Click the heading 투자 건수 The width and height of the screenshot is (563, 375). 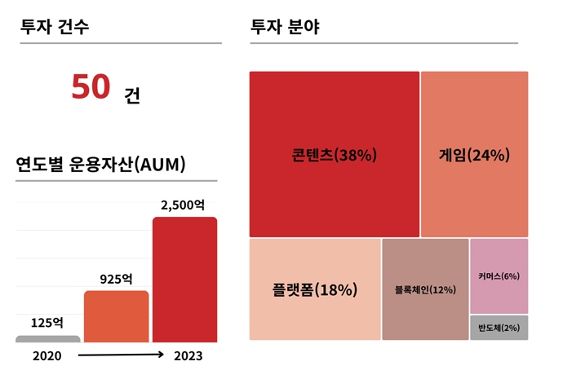pyautogui.click(x=55, y=26)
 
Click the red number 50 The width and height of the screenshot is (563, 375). pyautogui.click(x=91, y=88)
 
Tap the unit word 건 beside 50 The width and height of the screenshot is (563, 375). pyautogui.click(x=132, y=95)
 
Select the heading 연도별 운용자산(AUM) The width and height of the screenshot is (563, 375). pyautogui.click(x=101, y=164)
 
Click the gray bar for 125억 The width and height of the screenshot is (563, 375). pyautogui.click(x=48, y=338)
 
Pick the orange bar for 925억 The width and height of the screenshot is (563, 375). pyautogui.click(x=116, y=316)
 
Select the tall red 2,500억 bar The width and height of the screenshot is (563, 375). pyautogui.click(x=184, y=280)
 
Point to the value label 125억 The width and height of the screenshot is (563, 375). pyautogui.click(x=47, y=322)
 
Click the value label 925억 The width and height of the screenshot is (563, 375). pyautogui.click(x=116, y=279)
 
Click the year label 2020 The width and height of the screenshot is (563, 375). pyautogui.click(x=47, y=356)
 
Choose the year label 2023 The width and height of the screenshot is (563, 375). pyautogui.click(x=188, y=356)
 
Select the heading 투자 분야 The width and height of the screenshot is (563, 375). pyautogui.click(x=286, y=26)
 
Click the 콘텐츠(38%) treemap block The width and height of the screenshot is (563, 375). pyautogui.click(x=335, y=155)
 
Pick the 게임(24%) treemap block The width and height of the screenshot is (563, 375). pyautogui.click(x=474, y=155)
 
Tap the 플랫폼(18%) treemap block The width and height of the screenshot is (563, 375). pyautogui.click(x=315, y=289)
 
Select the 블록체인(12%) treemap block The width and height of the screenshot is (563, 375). pyautogui.click(x=425, y=289)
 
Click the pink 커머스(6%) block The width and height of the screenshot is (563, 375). pyautogui.click(x=499, y=276)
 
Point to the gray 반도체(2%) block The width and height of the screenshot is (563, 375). pyautogui.click(x=499, y=328)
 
